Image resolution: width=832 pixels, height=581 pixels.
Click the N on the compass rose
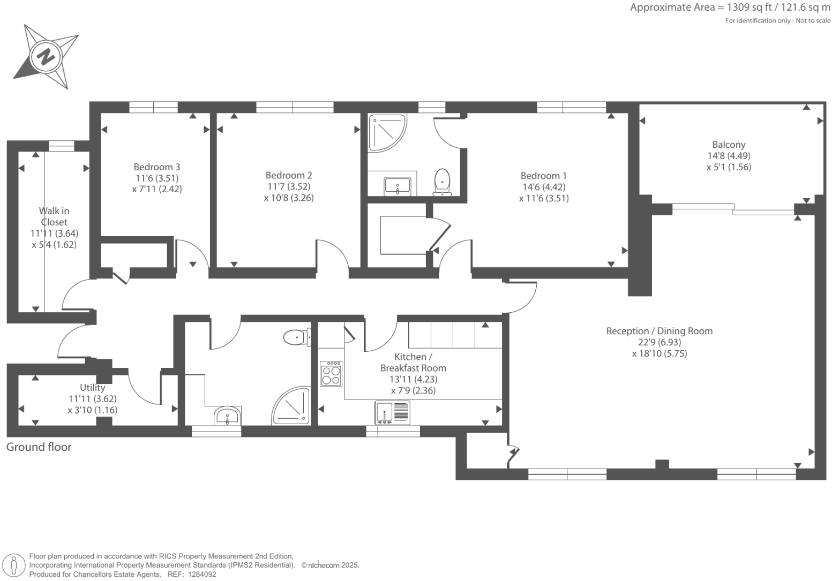coord(47,56)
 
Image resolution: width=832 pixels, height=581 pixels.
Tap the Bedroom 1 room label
coord(543,176)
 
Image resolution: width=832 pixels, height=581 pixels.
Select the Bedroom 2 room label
coord(289,175)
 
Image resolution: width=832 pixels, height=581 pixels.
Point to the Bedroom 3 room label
coord(156,167)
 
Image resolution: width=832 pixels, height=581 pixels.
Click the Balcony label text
coord(729,144)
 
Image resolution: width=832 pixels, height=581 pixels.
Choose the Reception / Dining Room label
coord(659,331)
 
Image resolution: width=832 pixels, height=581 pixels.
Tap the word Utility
coord(92,387)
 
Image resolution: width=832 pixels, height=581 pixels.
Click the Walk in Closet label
coord(54,216)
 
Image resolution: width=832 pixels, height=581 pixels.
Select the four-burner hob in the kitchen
coord(331,374)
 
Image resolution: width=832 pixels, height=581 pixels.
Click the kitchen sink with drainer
coord(393,412)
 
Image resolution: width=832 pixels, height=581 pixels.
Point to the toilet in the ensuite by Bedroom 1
coord(442,182)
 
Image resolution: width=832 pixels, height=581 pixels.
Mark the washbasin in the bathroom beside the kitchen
coord(228,416)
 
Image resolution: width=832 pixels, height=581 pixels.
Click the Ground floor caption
coord(39,447)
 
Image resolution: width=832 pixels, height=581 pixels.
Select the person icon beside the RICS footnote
coord(14,565)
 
